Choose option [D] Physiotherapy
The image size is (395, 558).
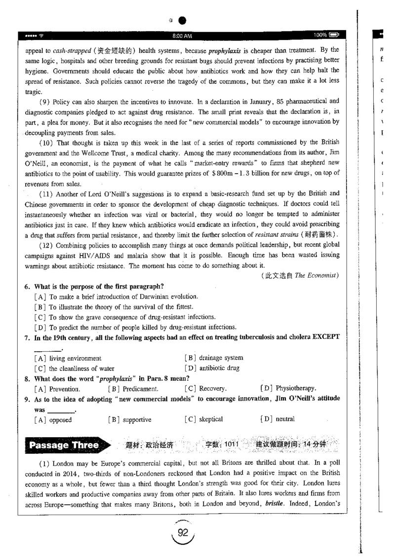coord(288,388)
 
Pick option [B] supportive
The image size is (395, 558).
coord(130,420)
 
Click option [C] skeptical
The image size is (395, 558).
coord(203,420)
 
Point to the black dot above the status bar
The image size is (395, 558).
coord(183,21)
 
